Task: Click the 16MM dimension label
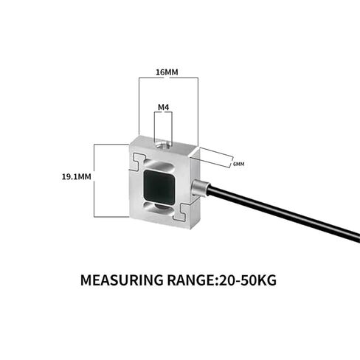tap(167, 72)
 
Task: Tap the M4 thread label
tap(164, 107)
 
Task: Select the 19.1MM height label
tap(76, 176)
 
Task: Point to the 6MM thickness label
tap(238, 164)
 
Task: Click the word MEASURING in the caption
tap(122, 280)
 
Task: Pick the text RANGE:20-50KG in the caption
tap(222, 280)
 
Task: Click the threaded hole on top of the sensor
tap(163, 144)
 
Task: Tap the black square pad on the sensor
tap(159, 187)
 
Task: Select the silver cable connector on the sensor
tap(200, 188)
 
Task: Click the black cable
tap(283, 213)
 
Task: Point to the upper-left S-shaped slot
tap(138, 162)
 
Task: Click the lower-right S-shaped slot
tap(182, 212)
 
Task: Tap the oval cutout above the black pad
tap(160, 165)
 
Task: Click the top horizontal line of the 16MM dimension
tap(168, 77)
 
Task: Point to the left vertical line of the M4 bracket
tap(155, 127)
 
